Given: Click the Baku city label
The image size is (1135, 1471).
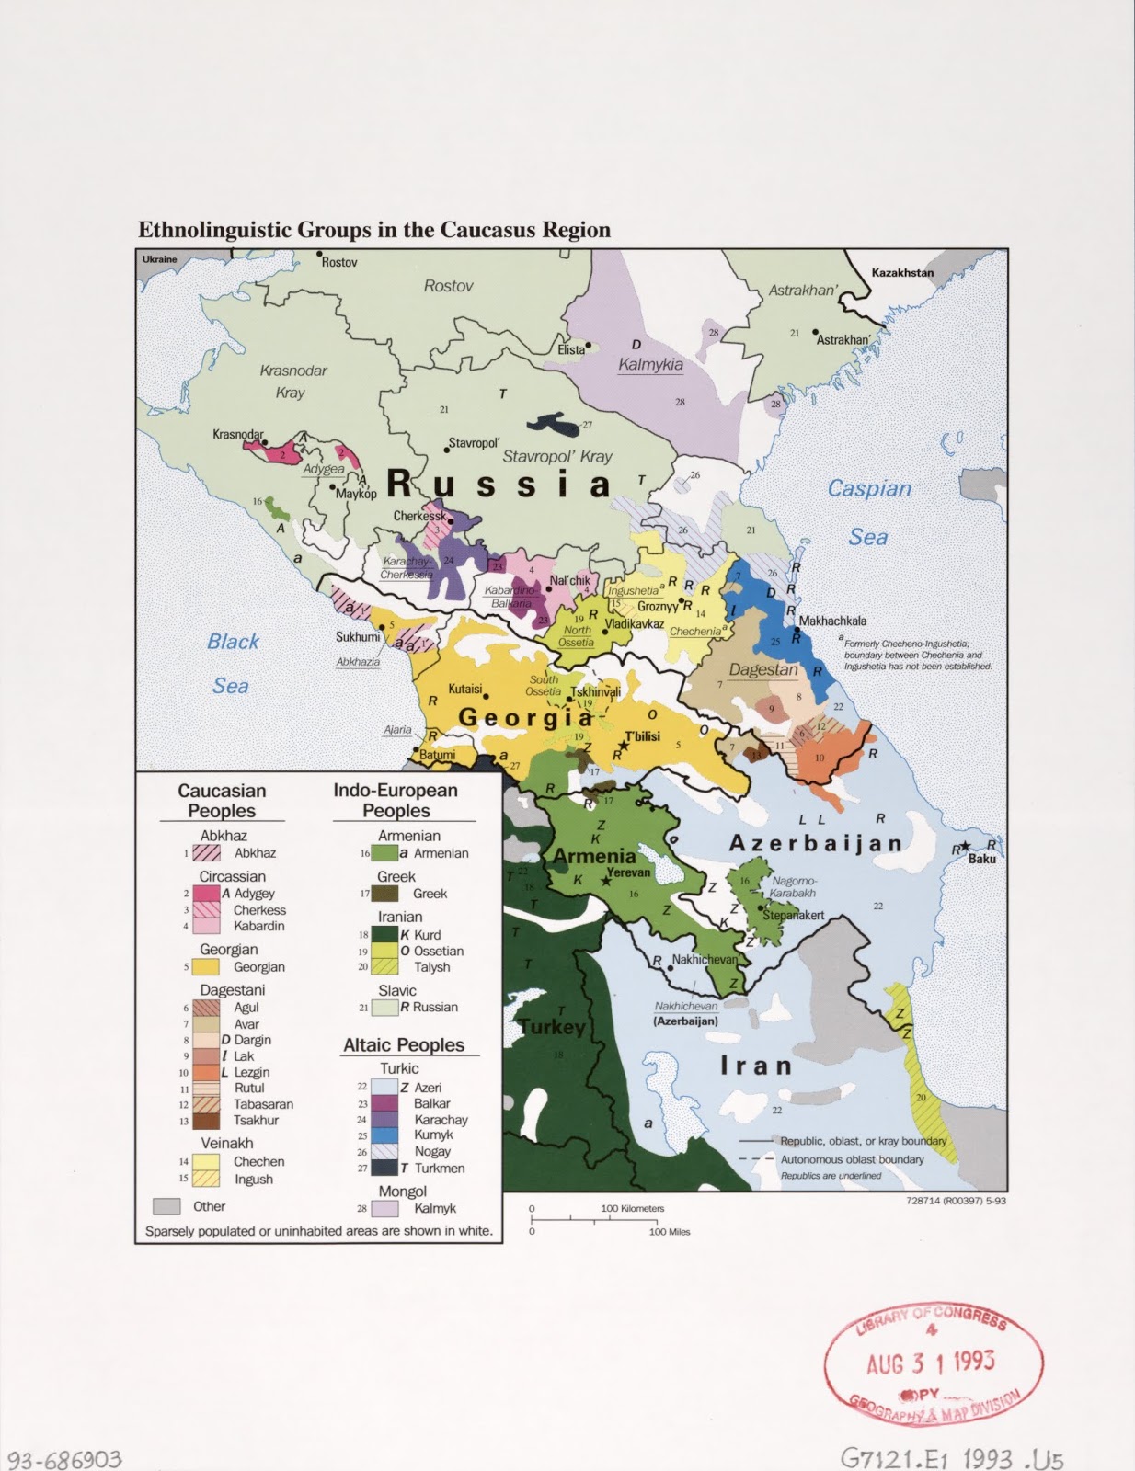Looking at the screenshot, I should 981,859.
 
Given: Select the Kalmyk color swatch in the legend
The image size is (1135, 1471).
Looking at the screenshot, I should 384,1208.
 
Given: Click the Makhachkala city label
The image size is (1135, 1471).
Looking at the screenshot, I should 832,621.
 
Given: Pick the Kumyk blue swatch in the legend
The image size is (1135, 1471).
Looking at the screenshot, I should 384,1135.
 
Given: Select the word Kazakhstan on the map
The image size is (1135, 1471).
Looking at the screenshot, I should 902,272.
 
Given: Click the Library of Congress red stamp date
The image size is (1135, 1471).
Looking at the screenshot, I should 930,1362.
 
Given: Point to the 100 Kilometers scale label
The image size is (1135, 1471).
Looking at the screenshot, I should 633,1208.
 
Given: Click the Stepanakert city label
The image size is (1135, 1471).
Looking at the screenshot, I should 793,916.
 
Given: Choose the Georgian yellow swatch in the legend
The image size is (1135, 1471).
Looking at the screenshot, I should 204,967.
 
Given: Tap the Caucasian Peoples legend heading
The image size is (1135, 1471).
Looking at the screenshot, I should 222,801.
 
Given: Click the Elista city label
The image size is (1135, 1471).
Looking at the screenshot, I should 570,350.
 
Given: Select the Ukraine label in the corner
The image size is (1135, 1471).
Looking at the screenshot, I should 159,259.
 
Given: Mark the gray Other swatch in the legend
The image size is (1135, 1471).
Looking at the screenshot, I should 166,1206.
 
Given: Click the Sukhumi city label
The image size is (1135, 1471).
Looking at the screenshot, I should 357,636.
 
